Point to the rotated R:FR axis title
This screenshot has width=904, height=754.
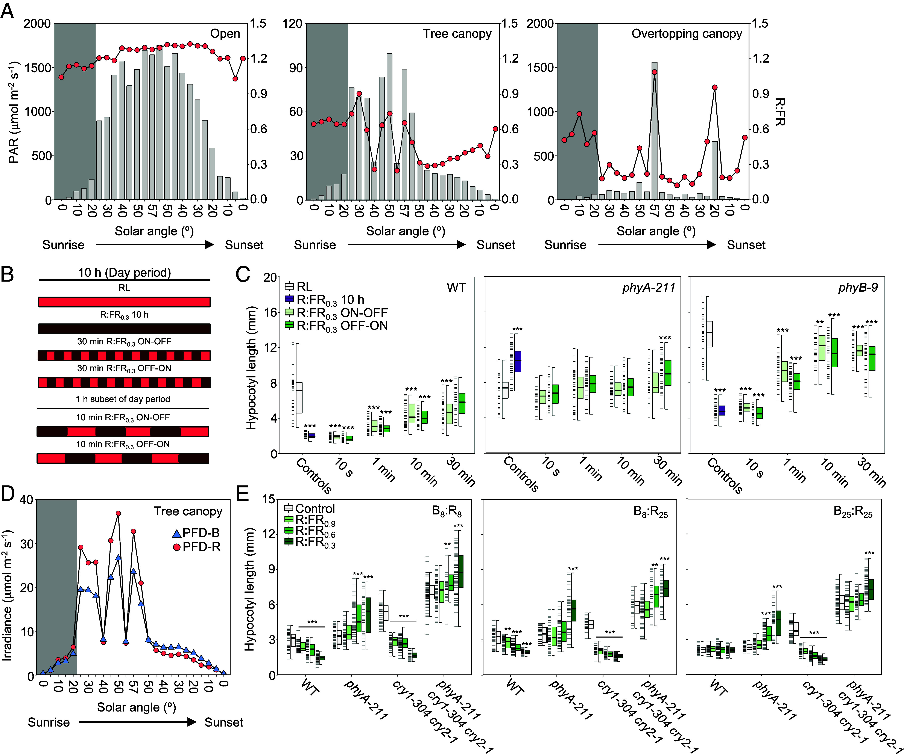click(779, 112)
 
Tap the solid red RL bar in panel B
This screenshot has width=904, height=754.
click(125, 302)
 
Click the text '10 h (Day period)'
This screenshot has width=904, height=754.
click(125, 273)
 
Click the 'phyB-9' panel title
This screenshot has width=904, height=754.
click(858, 287)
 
